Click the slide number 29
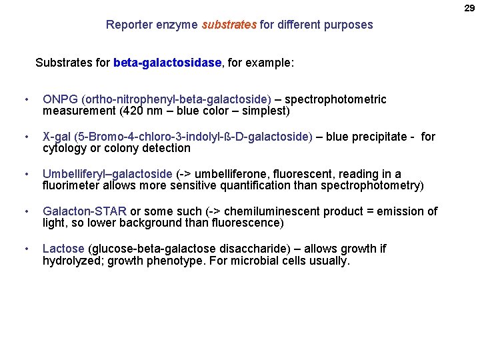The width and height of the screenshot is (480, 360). [x=469, y=8]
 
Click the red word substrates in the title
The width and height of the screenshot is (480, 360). [x=229, y=25]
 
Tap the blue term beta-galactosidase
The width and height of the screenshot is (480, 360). [x=167, y=63]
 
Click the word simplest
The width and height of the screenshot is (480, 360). [x=266, y=111]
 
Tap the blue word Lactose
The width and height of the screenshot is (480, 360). [x=63, y=249]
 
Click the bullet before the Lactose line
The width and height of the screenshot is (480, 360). [x=25, y=249]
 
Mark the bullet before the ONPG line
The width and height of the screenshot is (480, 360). [x=25, y=99]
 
